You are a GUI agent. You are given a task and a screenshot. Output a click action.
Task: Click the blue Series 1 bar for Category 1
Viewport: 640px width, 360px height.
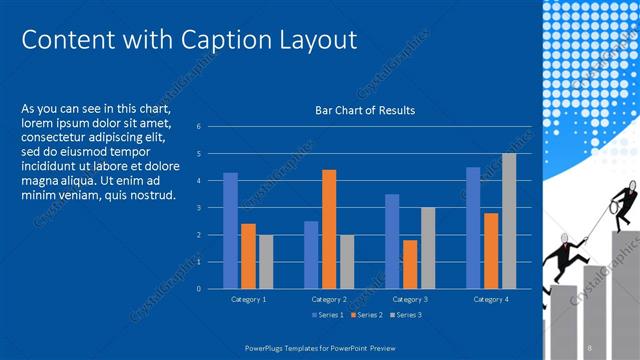[x=230, y=230]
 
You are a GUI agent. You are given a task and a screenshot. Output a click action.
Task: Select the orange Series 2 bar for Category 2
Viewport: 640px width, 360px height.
[x=329, y=229]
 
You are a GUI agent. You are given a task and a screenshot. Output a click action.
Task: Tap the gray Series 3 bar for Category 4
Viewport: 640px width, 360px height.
[x=509, y=221]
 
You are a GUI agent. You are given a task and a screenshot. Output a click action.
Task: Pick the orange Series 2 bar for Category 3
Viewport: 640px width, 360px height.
[x=410, y=264]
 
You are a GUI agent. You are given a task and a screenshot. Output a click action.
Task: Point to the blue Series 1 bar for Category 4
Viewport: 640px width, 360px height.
[x=473, y=228]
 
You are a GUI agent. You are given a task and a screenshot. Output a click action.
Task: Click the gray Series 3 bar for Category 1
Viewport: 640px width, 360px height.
[x=266, y=261]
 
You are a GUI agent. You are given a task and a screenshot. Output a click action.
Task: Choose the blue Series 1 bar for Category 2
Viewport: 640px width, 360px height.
[x=311, y=254]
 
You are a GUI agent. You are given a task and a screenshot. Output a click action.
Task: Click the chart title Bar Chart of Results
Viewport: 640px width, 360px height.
[x=365, y=110]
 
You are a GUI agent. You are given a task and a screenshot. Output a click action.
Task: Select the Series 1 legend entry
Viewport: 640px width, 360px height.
[x=329, y=315]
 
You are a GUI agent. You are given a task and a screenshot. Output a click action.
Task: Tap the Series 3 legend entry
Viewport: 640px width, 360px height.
[x=407, y=315]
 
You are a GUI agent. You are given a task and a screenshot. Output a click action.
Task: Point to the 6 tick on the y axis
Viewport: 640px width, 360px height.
[x=200, y=127]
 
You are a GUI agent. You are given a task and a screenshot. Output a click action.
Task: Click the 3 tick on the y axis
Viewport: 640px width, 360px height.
[x=200, y=208]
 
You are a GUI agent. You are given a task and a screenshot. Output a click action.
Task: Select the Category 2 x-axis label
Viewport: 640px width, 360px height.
[x=329, y=299]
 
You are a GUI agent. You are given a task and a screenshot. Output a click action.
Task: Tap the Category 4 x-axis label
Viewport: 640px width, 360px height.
[x=491, y=299]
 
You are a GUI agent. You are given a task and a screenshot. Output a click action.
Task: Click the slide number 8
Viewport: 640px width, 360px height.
[x=590, y=346]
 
